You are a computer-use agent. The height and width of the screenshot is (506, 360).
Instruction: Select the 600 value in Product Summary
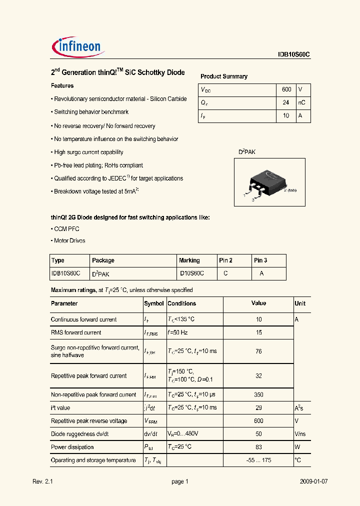286,89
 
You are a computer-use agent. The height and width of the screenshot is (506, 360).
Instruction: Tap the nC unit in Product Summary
301,102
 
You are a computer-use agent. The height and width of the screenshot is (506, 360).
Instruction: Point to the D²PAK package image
269,182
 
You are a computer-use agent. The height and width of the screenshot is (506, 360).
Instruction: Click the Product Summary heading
224,76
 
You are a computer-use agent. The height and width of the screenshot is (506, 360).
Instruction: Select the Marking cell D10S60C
191,273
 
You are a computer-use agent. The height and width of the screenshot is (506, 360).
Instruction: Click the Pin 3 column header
260,260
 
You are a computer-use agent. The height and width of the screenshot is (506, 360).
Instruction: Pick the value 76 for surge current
258,351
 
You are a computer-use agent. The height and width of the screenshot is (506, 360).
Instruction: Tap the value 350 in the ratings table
258,395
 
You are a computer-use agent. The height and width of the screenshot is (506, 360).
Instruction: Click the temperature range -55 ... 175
258,460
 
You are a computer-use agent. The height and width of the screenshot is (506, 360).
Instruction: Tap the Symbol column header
154,303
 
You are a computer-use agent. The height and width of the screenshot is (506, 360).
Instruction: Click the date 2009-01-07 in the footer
313,481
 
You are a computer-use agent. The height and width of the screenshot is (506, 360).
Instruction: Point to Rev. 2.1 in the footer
42,481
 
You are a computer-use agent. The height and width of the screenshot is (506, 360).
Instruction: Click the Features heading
62,86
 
